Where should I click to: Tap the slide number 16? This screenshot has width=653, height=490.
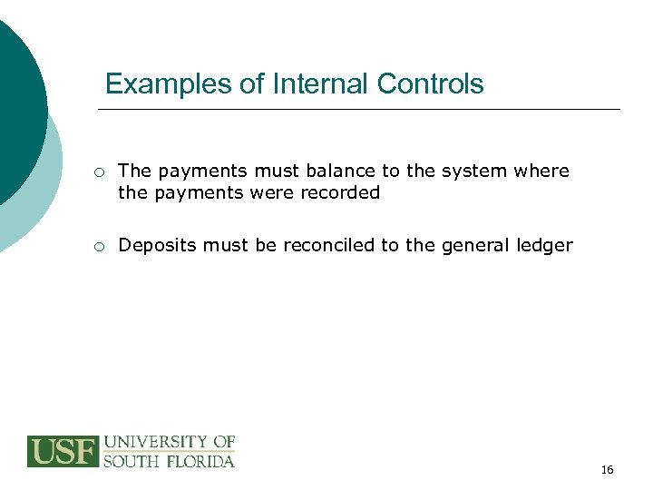click(607, 469)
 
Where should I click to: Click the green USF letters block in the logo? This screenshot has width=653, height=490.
click(63, 451)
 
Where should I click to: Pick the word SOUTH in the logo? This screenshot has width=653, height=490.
click(131, 461)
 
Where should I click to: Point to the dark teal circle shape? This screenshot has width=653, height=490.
click(18, 100)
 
